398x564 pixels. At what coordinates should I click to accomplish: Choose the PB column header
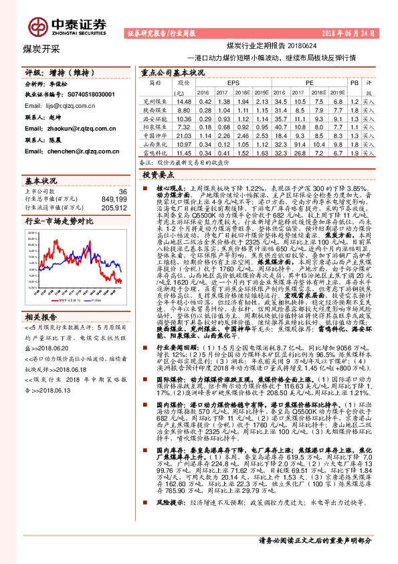point(354,82)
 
